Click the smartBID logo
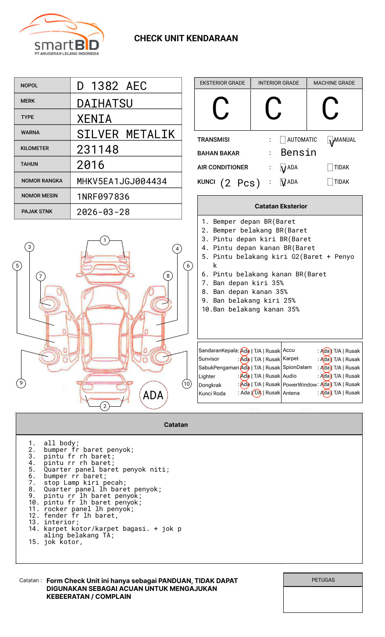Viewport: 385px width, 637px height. point(61,35)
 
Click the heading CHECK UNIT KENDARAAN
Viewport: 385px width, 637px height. point(186,39)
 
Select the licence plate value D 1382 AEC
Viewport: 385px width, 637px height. point(112,86)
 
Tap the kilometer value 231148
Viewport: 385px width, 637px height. point(98,150)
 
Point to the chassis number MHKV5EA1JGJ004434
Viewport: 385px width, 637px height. point(122,181)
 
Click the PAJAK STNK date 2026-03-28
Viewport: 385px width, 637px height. point(103,212)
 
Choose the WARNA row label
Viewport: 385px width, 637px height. point(30,132)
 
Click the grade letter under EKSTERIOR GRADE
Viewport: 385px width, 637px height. point(221,109)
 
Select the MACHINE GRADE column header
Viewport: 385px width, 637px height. point(334,83)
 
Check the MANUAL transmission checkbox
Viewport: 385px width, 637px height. point(330,140)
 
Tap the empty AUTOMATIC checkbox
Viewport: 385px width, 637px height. point(283,140)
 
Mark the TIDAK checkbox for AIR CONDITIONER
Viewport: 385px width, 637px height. point(330,168)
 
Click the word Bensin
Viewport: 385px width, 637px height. point(298,153)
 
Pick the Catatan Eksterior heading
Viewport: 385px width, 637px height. point(281,206)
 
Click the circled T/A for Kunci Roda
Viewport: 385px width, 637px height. point(257,393)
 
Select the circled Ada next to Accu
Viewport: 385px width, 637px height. point(325,351)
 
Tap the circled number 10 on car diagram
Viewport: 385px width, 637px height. point(187,384)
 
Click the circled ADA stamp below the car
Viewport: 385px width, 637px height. point(153,395)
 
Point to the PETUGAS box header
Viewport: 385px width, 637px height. point(323,580)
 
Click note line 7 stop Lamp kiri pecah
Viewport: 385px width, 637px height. point(85,483)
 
